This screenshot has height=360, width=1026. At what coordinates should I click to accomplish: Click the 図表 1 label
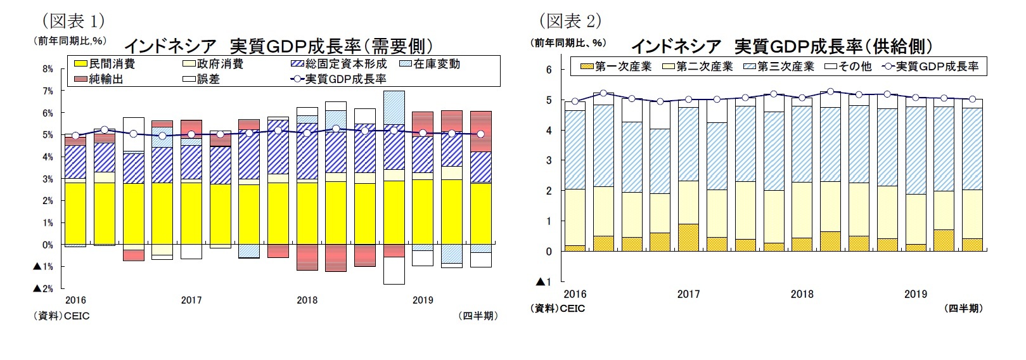[x=74, y=21]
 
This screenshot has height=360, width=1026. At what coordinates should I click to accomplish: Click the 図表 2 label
[x=570, y=21]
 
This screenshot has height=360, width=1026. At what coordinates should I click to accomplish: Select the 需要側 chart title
[x=278, y=46]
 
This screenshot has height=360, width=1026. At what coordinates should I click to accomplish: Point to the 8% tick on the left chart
[x=48, y=69]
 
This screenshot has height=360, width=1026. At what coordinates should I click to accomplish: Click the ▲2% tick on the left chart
[x=43, y=288]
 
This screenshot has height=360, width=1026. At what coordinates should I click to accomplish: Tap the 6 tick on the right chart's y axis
[x=549, y=70]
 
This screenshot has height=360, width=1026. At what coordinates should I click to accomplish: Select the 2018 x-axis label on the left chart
[x=307, y=300]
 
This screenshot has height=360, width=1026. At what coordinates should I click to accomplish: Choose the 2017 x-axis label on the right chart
[x=688, y=294]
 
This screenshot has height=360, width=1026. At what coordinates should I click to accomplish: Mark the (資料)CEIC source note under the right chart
[x=558, y=309]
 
